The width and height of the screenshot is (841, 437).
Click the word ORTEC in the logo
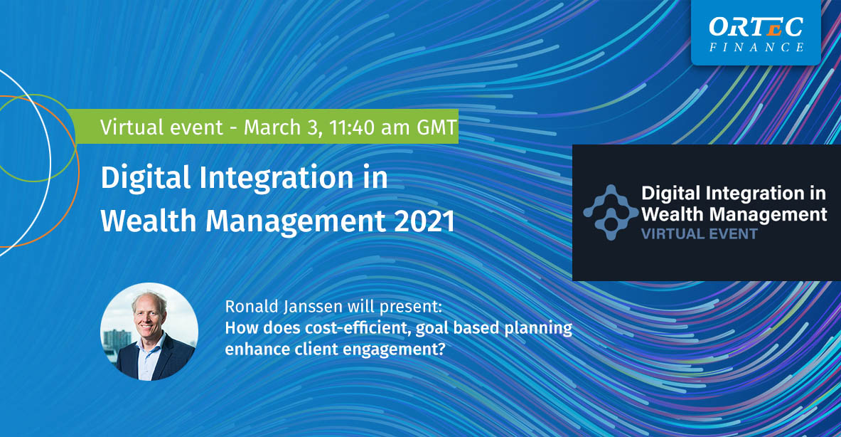756,27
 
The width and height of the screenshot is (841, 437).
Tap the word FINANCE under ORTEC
756,47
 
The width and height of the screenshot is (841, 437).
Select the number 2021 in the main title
425,221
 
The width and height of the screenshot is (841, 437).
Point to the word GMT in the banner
436,127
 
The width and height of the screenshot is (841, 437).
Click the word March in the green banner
272,127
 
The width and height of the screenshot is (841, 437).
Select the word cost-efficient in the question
358,327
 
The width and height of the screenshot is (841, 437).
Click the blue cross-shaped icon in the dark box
611,212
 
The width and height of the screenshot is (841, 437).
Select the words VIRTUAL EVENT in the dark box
700,234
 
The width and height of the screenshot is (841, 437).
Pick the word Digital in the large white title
146,178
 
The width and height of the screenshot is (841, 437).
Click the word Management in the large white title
296,221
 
